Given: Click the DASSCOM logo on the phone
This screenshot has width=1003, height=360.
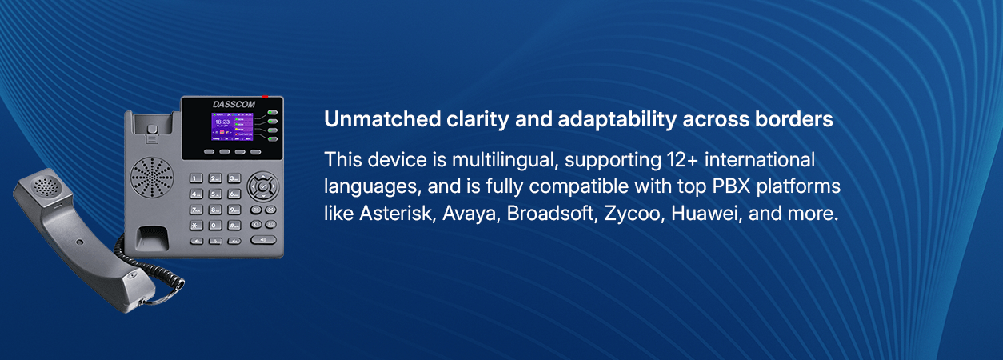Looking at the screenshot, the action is (x=234, y=104).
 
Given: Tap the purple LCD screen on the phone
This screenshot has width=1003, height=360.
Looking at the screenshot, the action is (x=232, y=126).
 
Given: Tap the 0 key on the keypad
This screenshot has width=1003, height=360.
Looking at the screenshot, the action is (x=215, y=226).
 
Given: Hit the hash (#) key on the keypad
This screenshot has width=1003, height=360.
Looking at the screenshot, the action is (x=234, y=226).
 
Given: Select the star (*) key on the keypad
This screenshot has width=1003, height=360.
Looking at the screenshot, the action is (x=196, y=226).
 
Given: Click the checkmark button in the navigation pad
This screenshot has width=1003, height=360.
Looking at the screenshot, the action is (x=263, y=186).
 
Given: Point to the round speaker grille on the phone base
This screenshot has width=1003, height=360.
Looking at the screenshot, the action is (x=152, y=177).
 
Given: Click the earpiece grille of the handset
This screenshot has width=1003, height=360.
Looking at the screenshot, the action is (x=46, y=186).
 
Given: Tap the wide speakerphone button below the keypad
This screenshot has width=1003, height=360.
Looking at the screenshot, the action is (x=263, y=240).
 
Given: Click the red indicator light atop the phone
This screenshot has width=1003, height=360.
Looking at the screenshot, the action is (x=265, y=96).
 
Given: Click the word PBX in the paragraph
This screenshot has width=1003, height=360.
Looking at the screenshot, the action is (x=731, y=186).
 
